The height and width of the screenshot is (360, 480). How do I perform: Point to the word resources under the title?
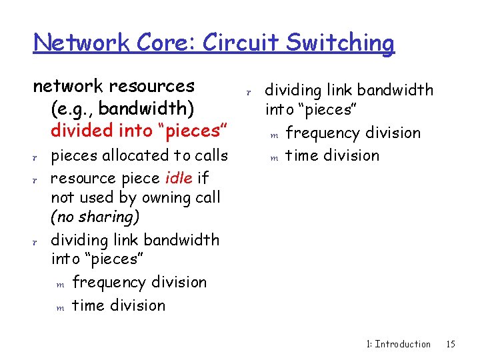pyautogui.click(x=152, y=86)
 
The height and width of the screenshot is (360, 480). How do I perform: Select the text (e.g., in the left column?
pyautogui.click(x=71, y=108)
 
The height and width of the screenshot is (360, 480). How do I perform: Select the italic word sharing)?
pyautogui.click(x=107, y=217)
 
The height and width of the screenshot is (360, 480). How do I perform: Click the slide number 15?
pyautogui.click(x=451, y=344)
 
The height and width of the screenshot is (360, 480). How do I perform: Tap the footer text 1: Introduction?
pyautogui.click(x=399, y=344)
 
